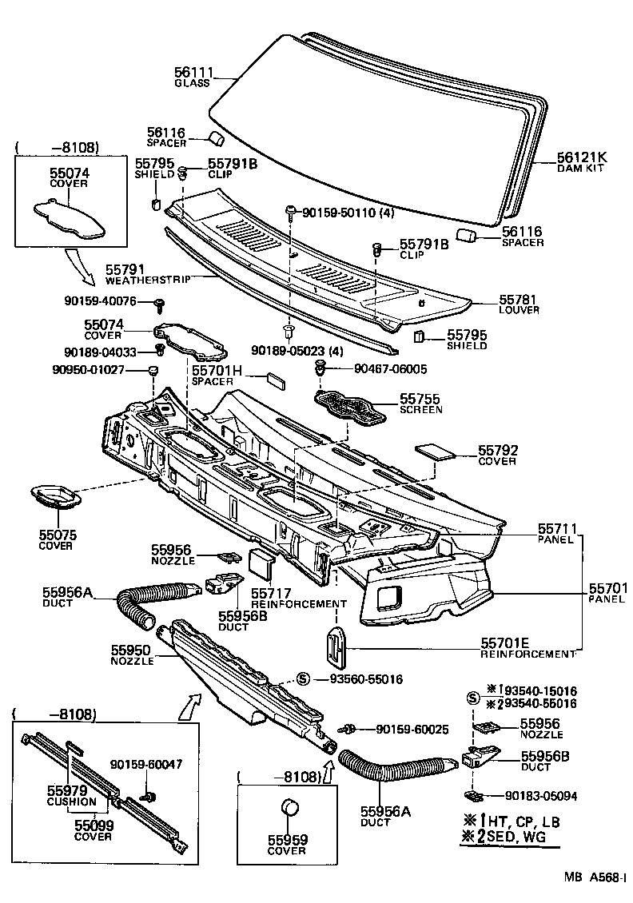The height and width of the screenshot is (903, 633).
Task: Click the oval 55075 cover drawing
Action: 55,497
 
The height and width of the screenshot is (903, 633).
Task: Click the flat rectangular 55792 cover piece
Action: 436,450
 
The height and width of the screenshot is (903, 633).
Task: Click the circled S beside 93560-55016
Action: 303,679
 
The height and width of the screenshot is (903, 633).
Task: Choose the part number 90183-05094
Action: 540,796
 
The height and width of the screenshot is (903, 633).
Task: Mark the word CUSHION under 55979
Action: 72,802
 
